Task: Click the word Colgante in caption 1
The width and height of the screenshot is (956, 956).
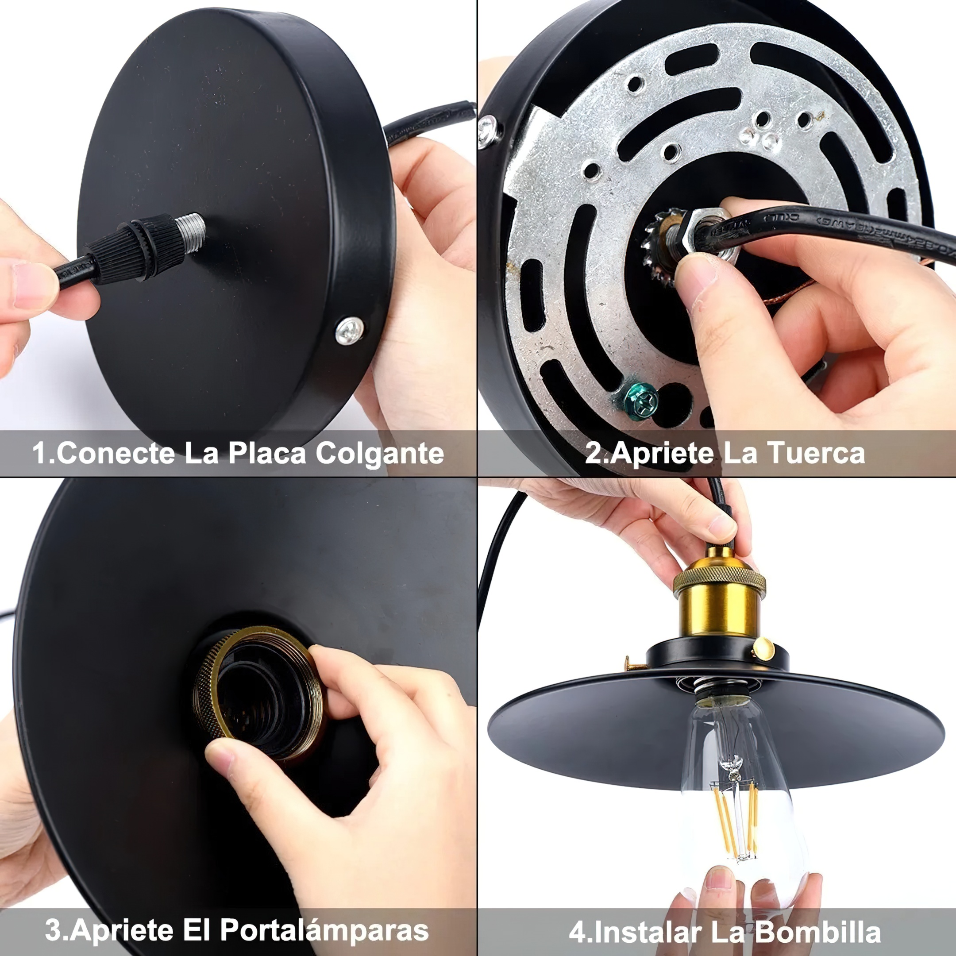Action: tap(380, 453)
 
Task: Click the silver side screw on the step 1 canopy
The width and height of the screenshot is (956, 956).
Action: tap(349, 330)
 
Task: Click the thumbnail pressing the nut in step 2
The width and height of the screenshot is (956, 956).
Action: tap(698, 274)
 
